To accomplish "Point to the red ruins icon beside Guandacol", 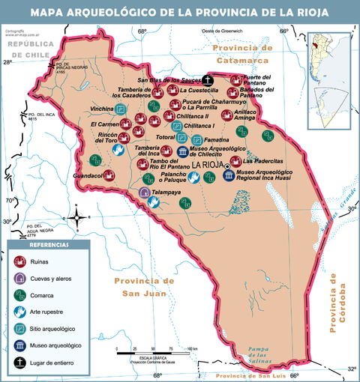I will [108, 175].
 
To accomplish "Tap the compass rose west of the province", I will [76, 218].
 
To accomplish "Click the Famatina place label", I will [217, 140].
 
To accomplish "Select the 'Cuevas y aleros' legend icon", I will [21, 278].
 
